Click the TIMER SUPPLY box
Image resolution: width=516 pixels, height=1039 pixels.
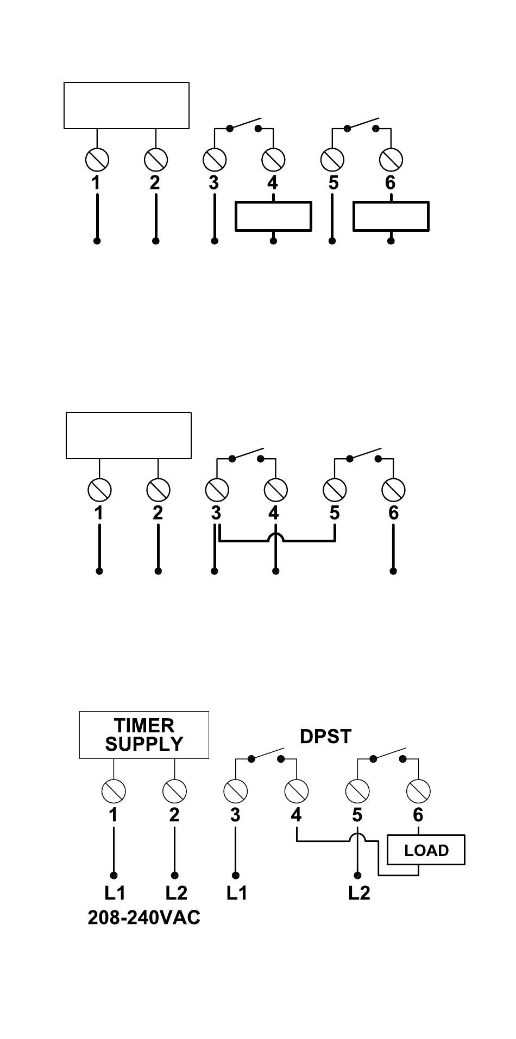[x=144, y=734]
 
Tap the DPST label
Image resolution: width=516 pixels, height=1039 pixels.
[x=325, y=737]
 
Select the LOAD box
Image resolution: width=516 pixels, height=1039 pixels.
[x=426, y=850]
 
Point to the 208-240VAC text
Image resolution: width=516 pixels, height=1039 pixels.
[x=144, y=917]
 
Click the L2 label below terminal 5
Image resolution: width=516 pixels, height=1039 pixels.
[x=359, y=893]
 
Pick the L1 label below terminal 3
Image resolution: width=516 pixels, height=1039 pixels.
[x=236, y=893]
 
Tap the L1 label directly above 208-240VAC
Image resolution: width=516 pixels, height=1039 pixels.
[x=115, y=893]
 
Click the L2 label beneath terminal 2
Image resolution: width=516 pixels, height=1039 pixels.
[x=176, y=893]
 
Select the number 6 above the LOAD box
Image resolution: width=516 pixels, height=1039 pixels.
[x=418, y=815]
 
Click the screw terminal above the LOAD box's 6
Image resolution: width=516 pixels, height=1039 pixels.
[x=418, y=790]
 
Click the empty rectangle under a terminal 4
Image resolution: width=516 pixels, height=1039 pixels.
[x=273, y=216]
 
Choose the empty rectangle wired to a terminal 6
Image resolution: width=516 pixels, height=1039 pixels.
[x=391, y=216]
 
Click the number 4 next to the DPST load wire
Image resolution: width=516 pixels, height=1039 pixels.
[x=296, y=815]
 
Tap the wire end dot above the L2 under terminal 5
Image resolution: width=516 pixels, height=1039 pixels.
[x=357, y=875]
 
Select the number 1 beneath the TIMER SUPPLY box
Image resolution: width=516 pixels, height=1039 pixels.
[x=113, y=815]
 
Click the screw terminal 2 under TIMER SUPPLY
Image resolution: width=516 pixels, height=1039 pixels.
[x=174, y=790]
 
